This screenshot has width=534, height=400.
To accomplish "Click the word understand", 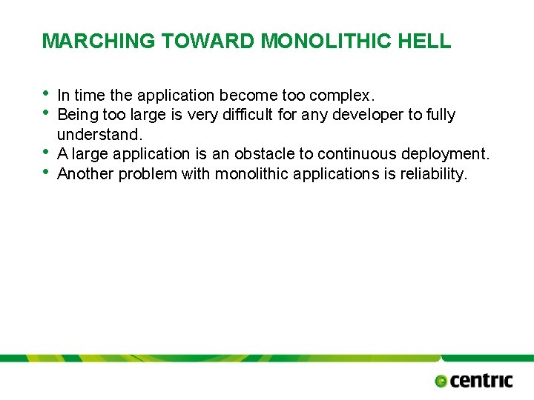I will (98, 135).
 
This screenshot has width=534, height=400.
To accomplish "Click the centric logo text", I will (481, 381).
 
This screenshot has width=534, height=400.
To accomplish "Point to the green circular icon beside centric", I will (441, 381).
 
